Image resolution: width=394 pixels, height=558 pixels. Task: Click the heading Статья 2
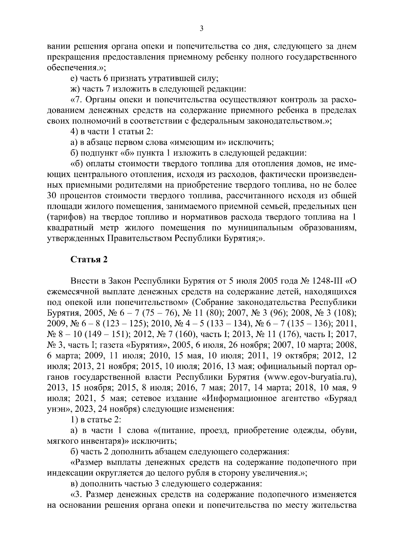(x=89, y=259)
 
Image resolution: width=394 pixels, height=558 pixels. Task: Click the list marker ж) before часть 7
(x=75, y=89)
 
